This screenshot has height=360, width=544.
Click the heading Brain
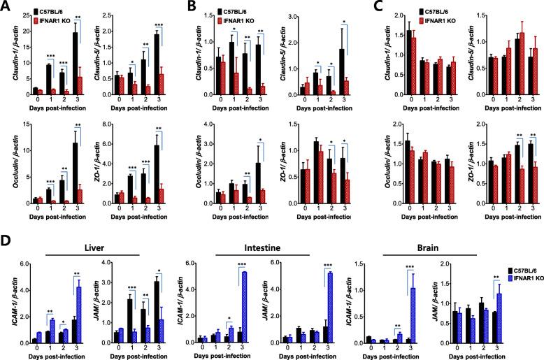pos(420,229)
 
